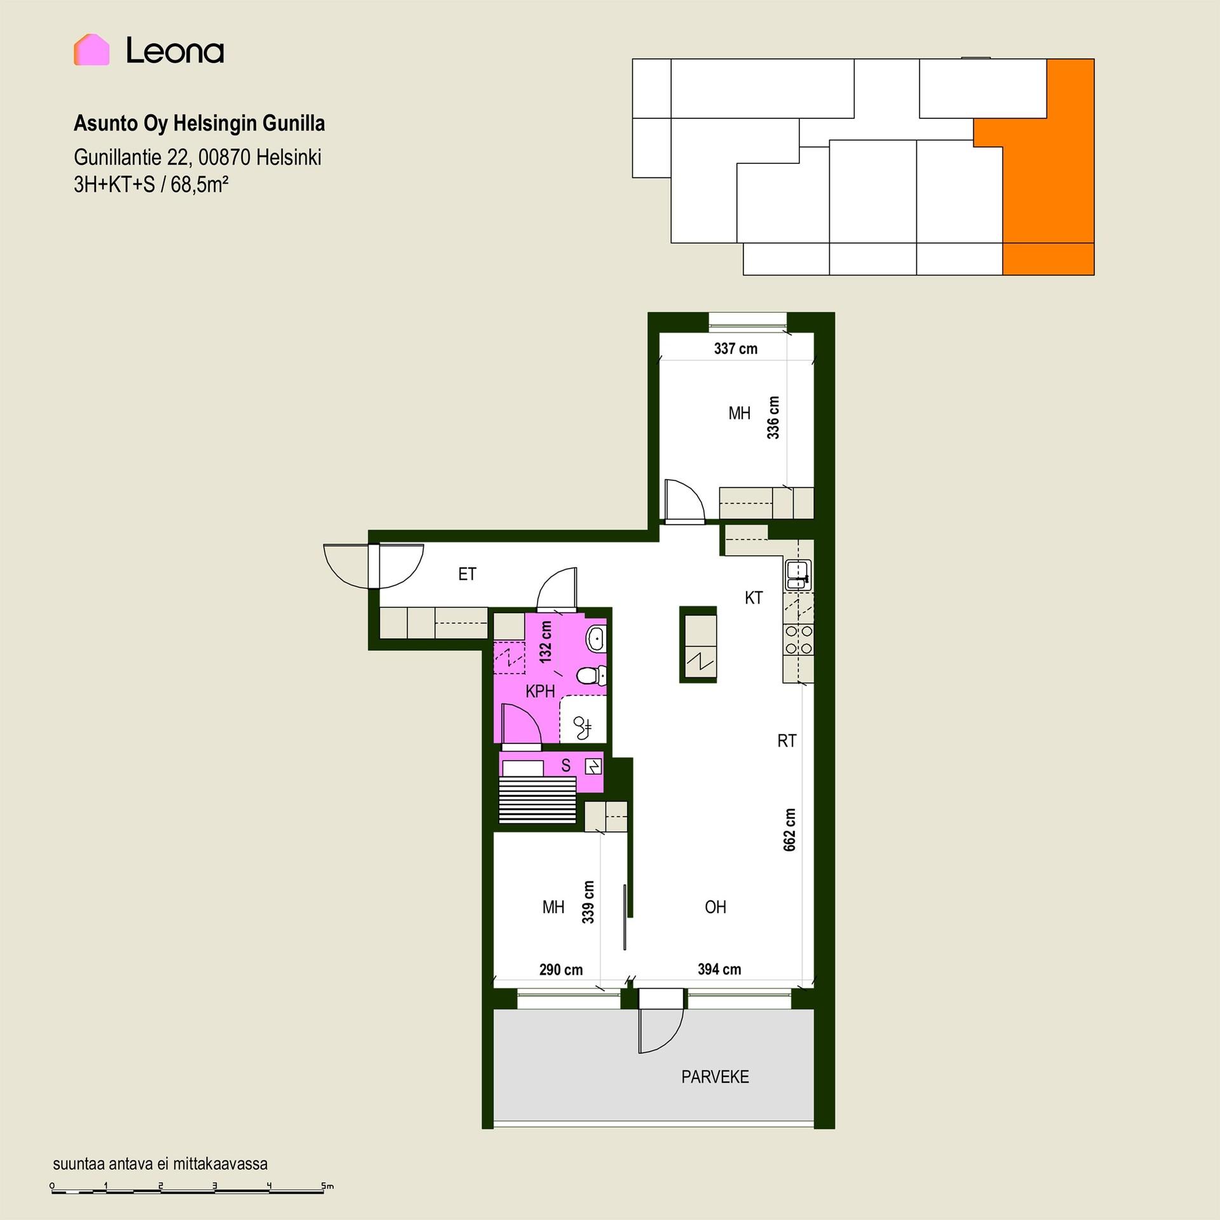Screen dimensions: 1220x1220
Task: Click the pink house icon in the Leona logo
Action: pyautogui.click(x=91, y=50)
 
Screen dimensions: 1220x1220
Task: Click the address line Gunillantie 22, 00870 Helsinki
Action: pyautogui.click(x=198, y=157)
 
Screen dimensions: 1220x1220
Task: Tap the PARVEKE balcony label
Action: pyautogui.click(x=715, y=1076)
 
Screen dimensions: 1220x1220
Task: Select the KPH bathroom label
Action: pyautogui.click(x=540, y=691)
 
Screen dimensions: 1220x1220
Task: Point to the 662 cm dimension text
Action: pyautogui.click(x=789, y=830)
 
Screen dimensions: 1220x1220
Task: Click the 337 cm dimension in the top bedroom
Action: pyautogui.click(x=736, y=348)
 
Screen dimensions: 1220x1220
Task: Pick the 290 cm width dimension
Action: pyautogui.click(x=561, y=970)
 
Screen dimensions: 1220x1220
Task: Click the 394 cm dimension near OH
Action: pyautogui.click(x=719, y=969)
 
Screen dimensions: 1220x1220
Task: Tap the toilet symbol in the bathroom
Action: pyautogui.click(x=591, y=675)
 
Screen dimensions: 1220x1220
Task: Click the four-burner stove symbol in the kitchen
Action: pyautogui.click(x=799, y=640)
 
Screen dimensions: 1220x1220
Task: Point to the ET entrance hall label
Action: pyautogui.click(x=467, y=574)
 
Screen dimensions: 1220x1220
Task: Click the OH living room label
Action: pyautogui.click(x=715, y=907)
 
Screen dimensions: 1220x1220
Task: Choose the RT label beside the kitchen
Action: pyautogui.click(x=787, y=740)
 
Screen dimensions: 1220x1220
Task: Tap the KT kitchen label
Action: pyautogui.click(x=754, y=597)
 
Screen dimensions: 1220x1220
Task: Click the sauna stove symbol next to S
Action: pyautogui.click(x=593, y=767)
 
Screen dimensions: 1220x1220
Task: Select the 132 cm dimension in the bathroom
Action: pyautogui.click(x=546, y=642)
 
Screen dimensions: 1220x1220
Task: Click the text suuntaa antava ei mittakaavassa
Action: pyautogui.click(x=160, y=1163)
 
